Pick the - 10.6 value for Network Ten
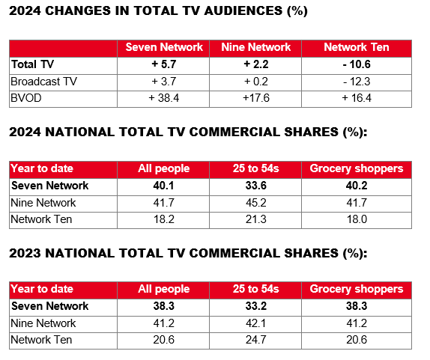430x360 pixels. point(356,64)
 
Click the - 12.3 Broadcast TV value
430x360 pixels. point(356,81)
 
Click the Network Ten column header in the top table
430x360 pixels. point(356,47)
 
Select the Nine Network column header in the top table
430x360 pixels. point(256,47)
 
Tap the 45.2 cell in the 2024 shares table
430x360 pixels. point(256,202)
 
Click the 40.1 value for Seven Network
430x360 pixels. point(164,186)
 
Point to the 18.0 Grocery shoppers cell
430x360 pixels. point(356,219)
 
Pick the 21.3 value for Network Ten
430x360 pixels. point(256,219)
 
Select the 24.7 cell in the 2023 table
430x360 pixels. point(256,340)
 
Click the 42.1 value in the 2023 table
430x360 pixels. point(256,323)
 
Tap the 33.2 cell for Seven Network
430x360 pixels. point(256,306)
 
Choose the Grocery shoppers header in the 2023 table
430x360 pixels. point(356,289)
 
